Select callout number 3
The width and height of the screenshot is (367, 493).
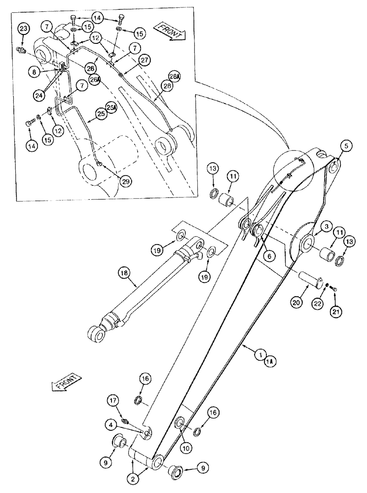click(x=326, y=226)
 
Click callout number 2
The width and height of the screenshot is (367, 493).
click(x=133, y=477)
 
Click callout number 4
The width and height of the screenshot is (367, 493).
click(x=112, y=424)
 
